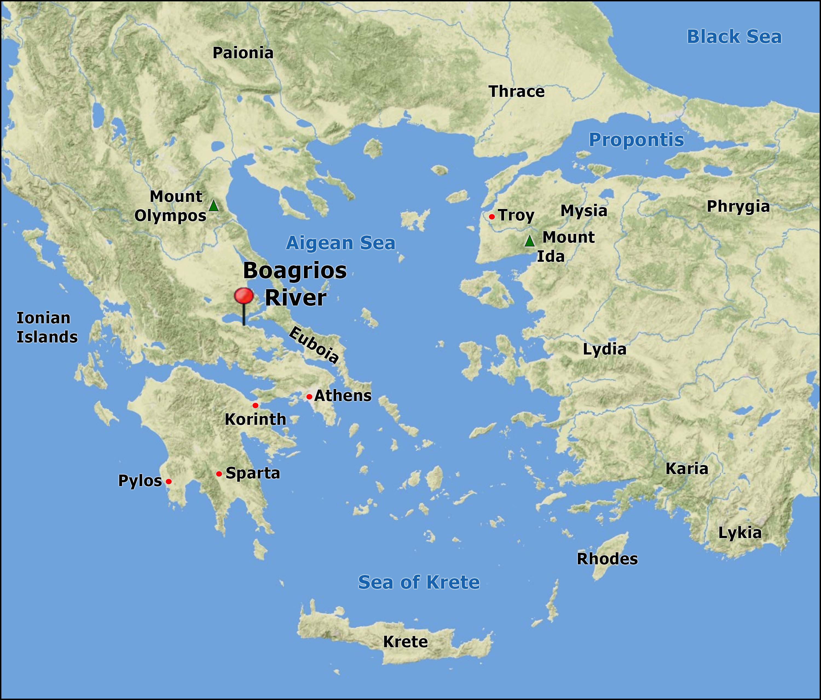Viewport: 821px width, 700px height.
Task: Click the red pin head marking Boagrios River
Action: click(x=244, y=296)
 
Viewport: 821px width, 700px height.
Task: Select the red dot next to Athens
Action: click(x=309, y=397)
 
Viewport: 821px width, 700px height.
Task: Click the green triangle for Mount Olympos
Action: click(x=213, y=206)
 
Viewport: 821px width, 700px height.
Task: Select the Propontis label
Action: click(x=636, y=140)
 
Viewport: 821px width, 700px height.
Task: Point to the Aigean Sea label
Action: click(x=341, y=243)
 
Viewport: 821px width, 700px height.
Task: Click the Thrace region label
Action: click(x=517, y=92)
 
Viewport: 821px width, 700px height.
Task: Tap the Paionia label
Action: click(x=243, y=53)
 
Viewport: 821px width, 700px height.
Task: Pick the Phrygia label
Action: click(x=738, y=207)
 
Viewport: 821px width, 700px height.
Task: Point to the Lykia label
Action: click(x=740, y=533)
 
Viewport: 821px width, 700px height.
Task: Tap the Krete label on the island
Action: click(x=405, y=642)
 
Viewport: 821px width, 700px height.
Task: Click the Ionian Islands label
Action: click(x=47, y=327)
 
